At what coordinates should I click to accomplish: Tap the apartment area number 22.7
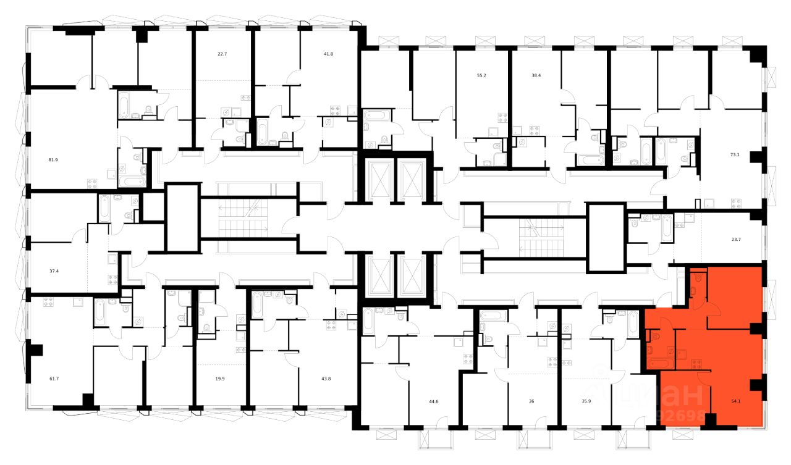222,54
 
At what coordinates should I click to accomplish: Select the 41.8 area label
328,54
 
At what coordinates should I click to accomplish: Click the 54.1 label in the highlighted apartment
736,400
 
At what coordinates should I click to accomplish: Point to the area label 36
531,401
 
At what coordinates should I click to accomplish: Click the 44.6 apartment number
433,401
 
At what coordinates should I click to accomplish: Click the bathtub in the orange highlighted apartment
659,363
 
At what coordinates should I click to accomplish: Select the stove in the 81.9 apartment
93,183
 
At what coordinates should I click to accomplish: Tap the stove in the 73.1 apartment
736,202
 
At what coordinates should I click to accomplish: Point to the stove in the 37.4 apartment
113,279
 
